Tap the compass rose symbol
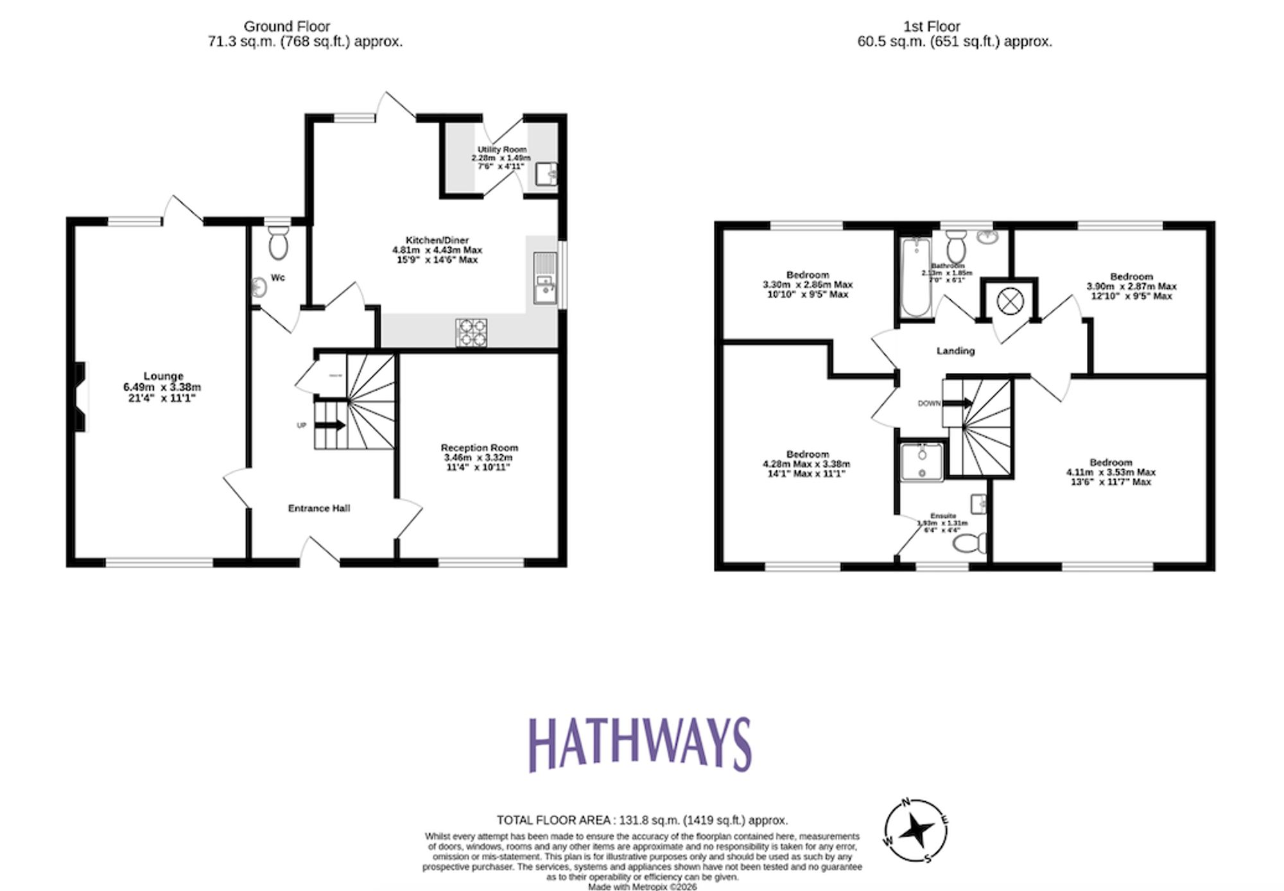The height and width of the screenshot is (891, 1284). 916,831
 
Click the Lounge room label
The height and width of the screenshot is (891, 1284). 163,376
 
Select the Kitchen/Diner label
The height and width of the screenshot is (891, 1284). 437,240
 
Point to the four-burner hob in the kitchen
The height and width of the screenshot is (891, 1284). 471,333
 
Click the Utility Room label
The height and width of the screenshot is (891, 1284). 501,149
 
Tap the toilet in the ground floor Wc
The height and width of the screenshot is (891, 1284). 278,243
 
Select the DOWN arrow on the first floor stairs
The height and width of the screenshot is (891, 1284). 960,403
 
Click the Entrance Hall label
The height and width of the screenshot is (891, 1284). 318,508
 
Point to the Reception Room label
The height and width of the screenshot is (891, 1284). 479,447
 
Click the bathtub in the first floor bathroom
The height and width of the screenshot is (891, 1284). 915,277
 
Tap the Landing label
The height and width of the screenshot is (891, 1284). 955,350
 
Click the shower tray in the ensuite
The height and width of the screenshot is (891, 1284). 922,462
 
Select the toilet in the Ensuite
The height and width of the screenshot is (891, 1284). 970,544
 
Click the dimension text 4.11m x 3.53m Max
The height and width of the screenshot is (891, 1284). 1111,472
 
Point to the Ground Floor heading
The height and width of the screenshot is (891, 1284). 286,26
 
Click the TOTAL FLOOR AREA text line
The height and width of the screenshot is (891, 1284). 641,820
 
